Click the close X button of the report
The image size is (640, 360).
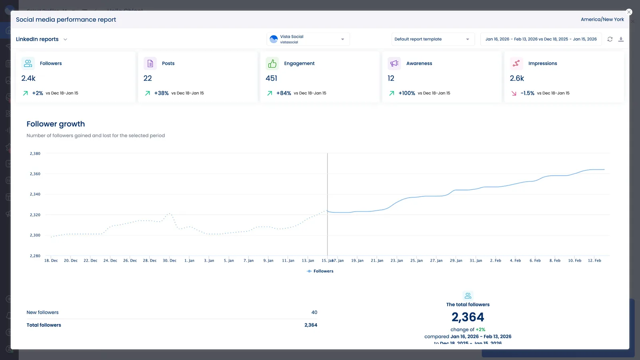pyautogui.click(x=629, y=12)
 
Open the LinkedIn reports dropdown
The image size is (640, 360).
pyautogui.click(x=42, y=39)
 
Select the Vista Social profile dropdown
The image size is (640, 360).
pyautogui.click(x=308, y=39)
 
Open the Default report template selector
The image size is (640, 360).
pyautogui.click(x=432, y=39)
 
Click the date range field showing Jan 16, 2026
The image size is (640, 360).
pyautogui.click(x=540, y=39)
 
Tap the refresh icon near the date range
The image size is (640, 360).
pyautogui.click(x=610, y=39)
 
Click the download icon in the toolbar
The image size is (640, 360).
pyautogui.click(x=621, y=39)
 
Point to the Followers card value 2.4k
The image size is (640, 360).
pyautogui.click(x=28, y=78)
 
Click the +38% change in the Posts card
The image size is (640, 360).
pyautogui.click(x=161, y=93)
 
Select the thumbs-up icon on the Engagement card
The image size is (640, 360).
pyautogui.click(x=272, y=64)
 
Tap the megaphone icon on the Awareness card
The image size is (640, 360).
pyautogui.click(x=394, y=64)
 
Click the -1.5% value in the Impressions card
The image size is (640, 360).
pyautogui.click(x=527, y=93)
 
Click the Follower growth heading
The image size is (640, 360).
pyautogui.click(x=56, y=124)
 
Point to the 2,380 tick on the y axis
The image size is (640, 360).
pyautogui.click(x=35, y=154)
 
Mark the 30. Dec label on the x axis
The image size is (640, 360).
pyautogui.click(x=170, y=261)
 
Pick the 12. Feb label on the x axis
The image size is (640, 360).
pyautogui.click(x=594, y=261)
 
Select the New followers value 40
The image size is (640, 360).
pyautogui.click(x=314, y=312)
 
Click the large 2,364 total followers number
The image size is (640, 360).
pyautogui.click(x=468, y=317)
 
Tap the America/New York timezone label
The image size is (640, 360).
pyautogui.click(x=602, y=20)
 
